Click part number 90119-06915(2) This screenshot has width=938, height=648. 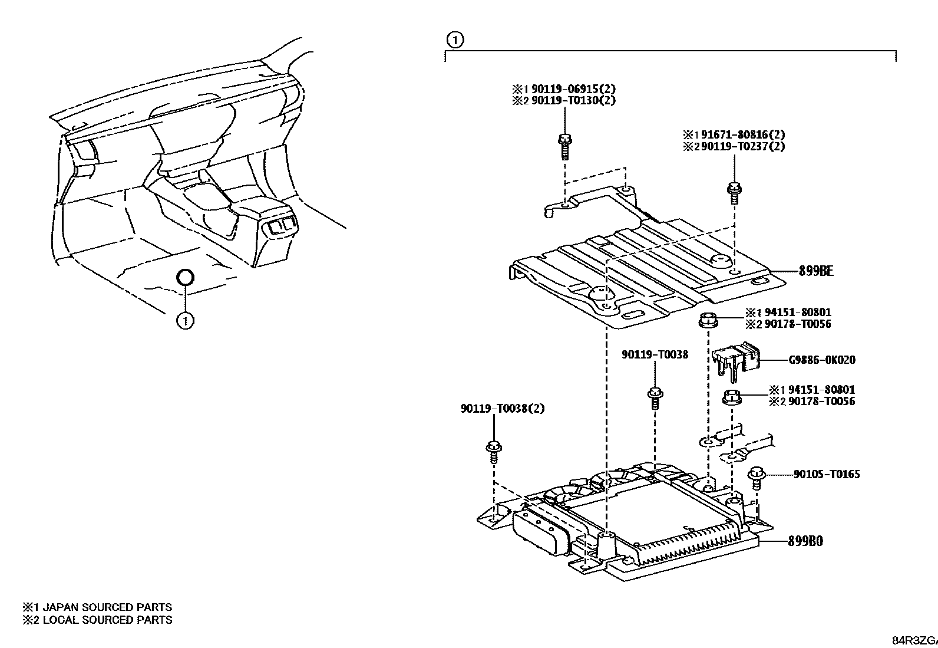[x=573, y=89]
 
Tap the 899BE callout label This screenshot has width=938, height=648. [x=816, y=271]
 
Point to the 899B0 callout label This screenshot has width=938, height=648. [x=805, y=541]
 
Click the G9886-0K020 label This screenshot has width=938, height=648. [x=822, y=360]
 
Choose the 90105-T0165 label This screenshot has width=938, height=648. [x=826, y=474]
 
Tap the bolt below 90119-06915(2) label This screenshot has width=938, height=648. [x=564, y=146]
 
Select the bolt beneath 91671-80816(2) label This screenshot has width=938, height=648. [x=734, y=193]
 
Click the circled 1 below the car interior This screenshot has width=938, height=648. [x=185, y=321]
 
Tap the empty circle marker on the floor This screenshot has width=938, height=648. [x=185, y=277]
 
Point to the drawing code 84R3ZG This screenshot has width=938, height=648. [x=913, y=640]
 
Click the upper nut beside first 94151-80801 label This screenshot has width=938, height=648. [x=708, y=321]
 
